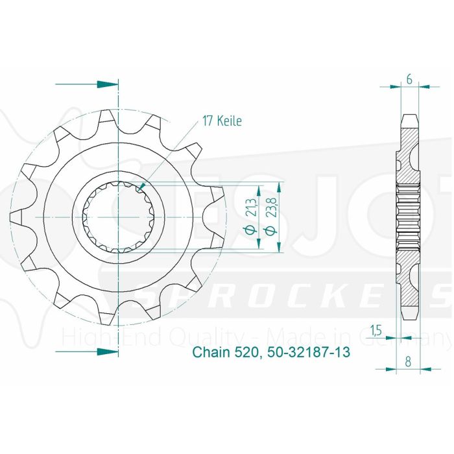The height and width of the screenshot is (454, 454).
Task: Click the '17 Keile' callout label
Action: point(221,121)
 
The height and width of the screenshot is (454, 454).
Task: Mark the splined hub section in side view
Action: point(409,217)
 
